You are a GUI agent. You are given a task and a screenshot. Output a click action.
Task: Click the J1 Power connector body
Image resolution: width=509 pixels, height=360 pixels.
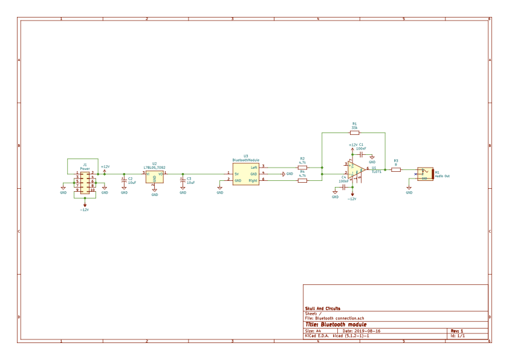tap(84, 182)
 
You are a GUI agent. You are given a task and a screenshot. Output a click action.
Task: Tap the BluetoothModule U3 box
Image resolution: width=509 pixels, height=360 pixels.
tap(245, 174)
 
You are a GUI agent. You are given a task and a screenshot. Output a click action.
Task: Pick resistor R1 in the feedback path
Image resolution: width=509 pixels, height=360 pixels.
tap(354, 132)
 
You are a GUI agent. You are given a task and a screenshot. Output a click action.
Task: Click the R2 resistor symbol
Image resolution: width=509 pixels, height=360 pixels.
tap(302, 167)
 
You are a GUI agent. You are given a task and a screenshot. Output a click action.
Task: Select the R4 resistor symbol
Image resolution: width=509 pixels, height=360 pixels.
tap(302, 180)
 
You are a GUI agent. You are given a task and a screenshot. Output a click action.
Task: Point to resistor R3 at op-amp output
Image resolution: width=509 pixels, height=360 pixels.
tap(396, 170)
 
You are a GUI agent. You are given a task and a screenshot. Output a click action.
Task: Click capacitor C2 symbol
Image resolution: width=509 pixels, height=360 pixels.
tap(124, 180)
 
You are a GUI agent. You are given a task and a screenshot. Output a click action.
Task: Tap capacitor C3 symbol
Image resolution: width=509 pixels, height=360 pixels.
tap(183, 180)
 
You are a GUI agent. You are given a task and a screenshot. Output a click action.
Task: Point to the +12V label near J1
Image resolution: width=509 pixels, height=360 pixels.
tap(105, 166)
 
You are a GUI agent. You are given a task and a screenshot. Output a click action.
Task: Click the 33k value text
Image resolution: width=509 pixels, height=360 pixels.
tap(354, 127)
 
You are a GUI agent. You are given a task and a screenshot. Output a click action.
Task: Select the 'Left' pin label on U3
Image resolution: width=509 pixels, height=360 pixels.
tap(254, 167)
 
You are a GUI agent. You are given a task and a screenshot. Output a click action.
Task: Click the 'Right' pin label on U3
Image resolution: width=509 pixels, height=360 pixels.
tap(253, 180)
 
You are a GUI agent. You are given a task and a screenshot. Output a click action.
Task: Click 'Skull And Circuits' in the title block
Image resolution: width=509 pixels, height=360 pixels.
tap(323, 309)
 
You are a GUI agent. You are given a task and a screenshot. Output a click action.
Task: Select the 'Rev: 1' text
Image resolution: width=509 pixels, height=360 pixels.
tap(456, 331)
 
